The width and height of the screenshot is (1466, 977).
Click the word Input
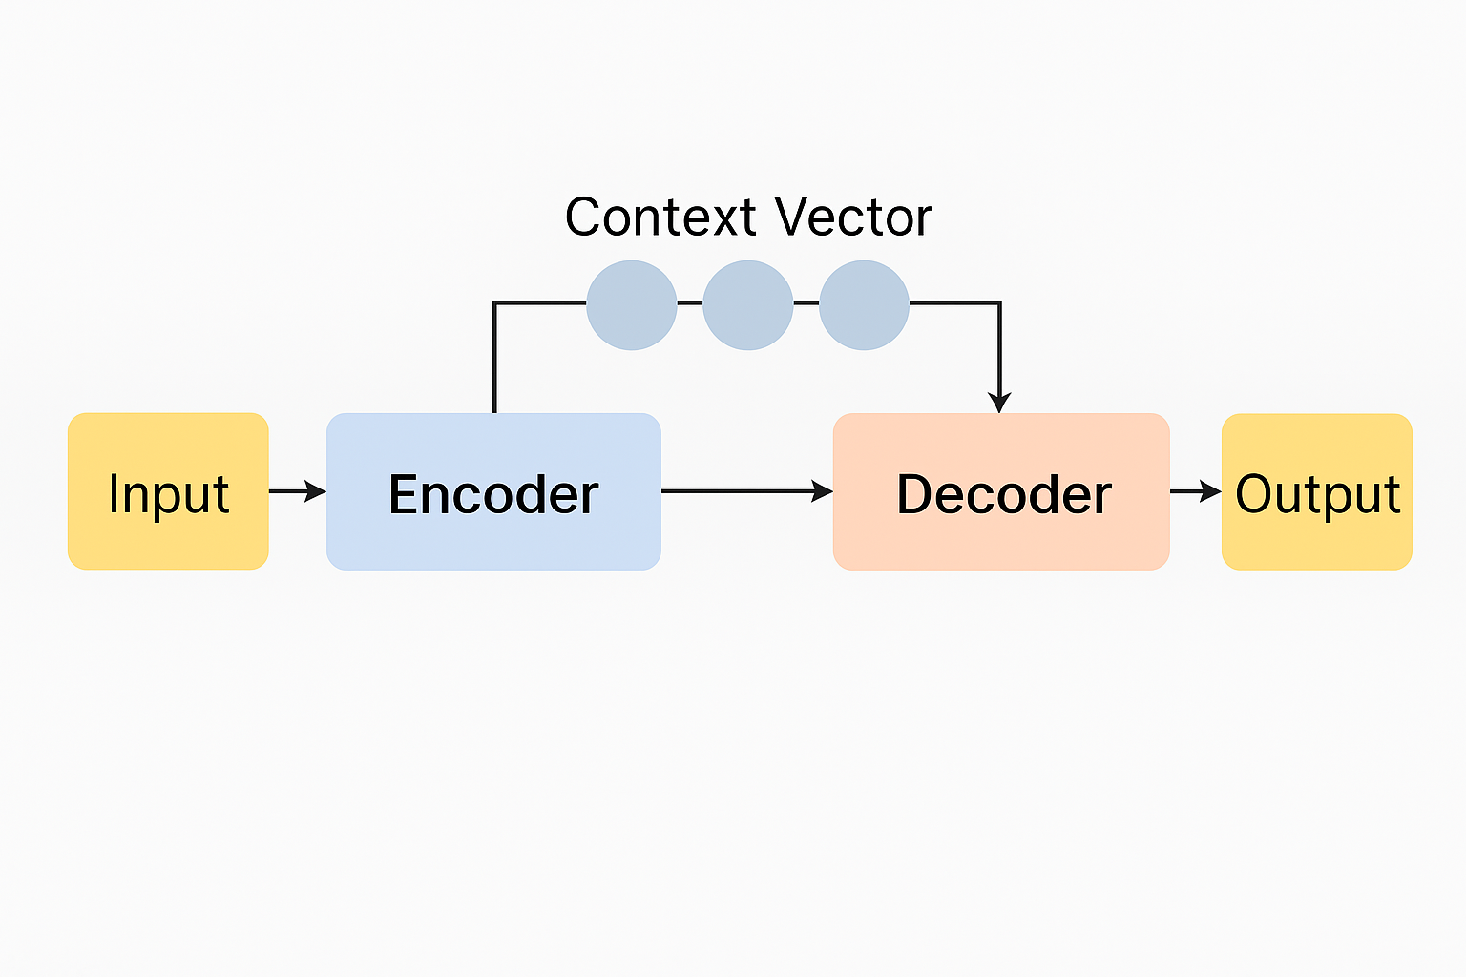(169, 494)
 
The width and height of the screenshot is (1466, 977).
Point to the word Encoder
(493, 494)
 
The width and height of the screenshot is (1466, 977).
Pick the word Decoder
(1004, 494)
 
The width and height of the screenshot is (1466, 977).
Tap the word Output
(1317, 494)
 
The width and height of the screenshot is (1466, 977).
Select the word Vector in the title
(853, 218)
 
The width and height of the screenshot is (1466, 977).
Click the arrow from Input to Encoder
(296, 491)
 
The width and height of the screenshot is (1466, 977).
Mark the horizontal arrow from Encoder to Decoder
(744, 491)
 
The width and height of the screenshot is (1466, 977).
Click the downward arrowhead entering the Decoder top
(999, 402)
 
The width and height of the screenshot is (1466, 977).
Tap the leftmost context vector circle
(631, 305)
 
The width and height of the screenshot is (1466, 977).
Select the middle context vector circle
(748, 305)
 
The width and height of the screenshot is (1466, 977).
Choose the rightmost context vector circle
(864, 305)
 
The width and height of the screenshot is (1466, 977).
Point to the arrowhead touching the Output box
(1212, 491)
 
